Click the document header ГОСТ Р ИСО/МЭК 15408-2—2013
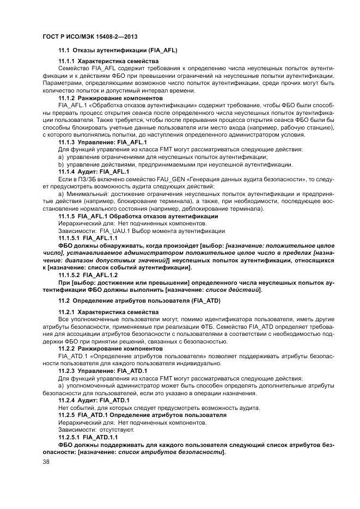tap(82, 35)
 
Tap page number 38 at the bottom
tap(46, 462)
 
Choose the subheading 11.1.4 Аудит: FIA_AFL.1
tap(94, 172)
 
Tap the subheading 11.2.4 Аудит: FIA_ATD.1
tap(94, 400)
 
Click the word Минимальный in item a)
tap(84, 194)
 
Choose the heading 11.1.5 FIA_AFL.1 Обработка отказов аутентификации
tap(138, 216)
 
